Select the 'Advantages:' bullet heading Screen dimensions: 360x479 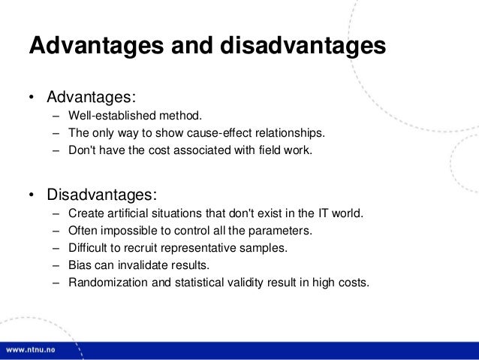[x=91, y=98]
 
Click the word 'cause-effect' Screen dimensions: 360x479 [x=215, y=134]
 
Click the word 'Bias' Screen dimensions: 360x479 [x=80, y=265]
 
